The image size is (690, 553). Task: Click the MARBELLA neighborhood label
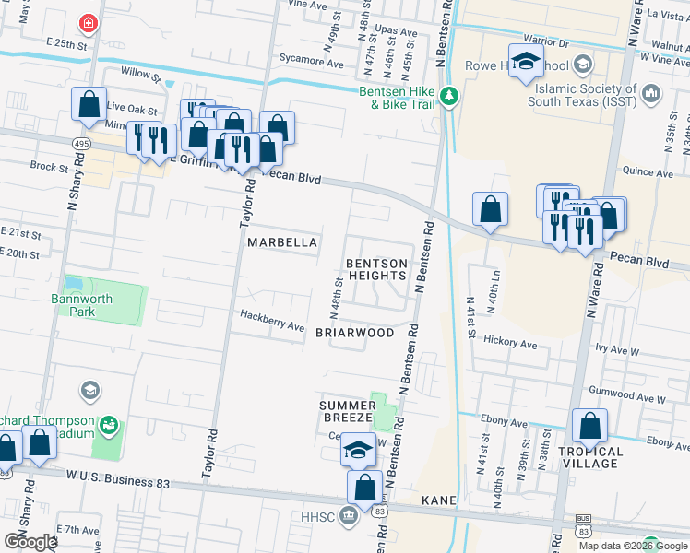tap(282, 242)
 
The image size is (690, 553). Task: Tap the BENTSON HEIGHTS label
tap(376, 269)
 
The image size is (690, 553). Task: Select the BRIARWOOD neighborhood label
tap(355, 332)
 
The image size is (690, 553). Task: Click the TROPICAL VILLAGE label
tap(590, 457)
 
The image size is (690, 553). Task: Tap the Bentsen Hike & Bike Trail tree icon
tap(449, 96)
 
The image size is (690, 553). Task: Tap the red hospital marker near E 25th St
tap(88, 21)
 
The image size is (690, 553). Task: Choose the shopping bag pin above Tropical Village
tap(589, 427)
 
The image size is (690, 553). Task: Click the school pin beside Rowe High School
tap(526, 62)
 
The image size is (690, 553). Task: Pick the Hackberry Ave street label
tap(272, 325)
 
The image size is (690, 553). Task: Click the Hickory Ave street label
tap(516, 344)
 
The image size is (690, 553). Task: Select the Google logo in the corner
tap(30, 541)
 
